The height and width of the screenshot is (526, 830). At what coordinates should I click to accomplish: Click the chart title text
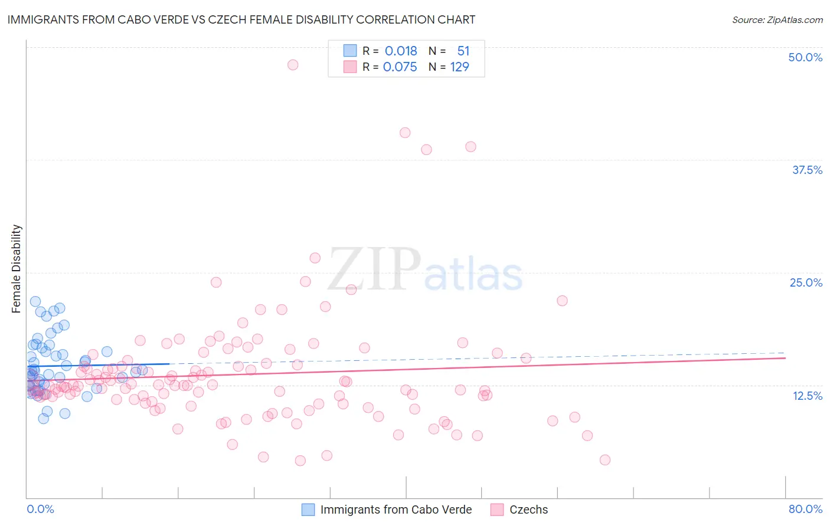(241, 19)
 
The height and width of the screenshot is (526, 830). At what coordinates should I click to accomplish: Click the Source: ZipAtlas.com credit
(777, 19)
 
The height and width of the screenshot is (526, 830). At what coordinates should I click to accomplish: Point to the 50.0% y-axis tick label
(805, 57)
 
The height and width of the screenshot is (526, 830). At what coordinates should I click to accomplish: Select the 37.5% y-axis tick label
(807, 170)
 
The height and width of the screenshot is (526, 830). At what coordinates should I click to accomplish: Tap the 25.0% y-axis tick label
(806, 282)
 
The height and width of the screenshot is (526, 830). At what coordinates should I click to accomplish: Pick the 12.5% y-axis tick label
(807, 396)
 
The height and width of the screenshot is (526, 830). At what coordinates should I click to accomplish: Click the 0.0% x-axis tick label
(40, 509)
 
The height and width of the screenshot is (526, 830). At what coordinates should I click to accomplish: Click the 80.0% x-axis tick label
(805, 509)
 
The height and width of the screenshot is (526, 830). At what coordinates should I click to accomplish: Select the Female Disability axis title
(17, 268)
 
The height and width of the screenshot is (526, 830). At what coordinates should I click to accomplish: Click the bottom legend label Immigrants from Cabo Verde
(396, 509)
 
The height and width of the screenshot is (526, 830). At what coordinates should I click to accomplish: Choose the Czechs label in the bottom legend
(528, 509)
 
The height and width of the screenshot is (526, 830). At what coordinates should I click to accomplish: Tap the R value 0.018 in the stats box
(401, 51)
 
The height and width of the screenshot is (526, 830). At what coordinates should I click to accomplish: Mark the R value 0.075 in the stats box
(400, 67)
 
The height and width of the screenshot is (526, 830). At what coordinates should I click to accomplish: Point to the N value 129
(459, 67)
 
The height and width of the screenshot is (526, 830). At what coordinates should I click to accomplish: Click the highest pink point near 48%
(293, 65)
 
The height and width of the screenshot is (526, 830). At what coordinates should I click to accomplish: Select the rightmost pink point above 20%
(562, 301)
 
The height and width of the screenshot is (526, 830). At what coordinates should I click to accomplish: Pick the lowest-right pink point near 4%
(604, 460)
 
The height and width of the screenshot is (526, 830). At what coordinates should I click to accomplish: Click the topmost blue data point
(35, 301)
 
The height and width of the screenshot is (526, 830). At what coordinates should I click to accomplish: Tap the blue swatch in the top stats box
(350, 51)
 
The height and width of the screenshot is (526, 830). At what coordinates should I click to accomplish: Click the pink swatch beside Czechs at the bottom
(497, 509)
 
